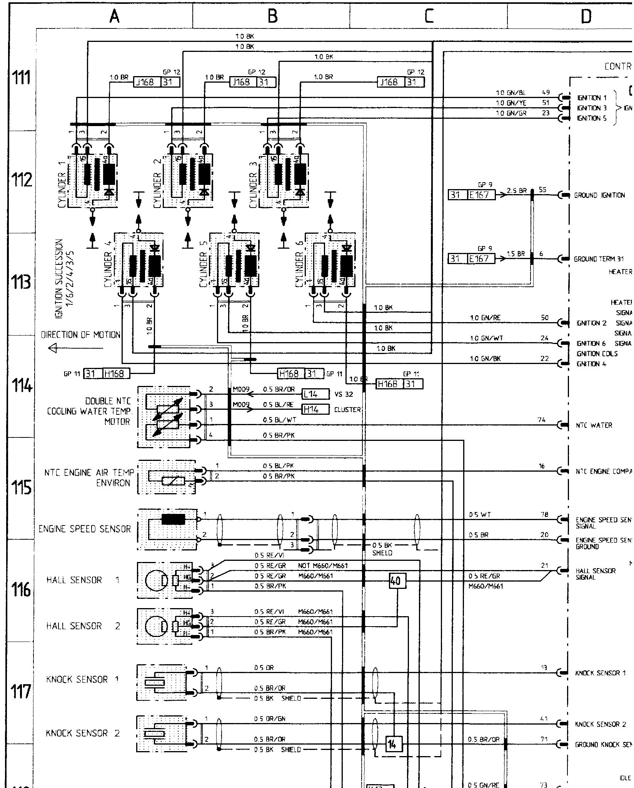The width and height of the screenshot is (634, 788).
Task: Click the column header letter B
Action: (272, 17)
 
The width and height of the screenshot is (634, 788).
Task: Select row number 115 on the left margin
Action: (22, 488)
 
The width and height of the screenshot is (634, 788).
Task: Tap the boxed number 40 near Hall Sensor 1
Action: (395, 581)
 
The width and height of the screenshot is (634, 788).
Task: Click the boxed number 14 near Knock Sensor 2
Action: (392, 744)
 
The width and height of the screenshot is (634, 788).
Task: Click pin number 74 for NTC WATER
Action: (542, 420)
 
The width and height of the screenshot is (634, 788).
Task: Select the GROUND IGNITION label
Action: (599, 195)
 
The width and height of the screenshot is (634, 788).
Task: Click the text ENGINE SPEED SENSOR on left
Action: (85, 529)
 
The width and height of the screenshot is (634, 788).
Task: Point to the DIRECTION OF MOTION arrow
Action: (75, 349)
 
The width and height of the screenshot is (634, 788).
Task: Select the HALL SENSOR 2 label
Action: (83, 626)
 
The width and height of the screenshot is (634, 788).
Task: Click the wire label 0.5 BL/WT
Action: (280, 420)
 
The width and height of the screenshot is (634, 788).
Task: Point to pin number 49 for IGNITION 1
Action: (546, 93)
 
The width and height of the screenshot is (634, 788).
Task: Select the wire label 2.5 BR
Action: (516, 191)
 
